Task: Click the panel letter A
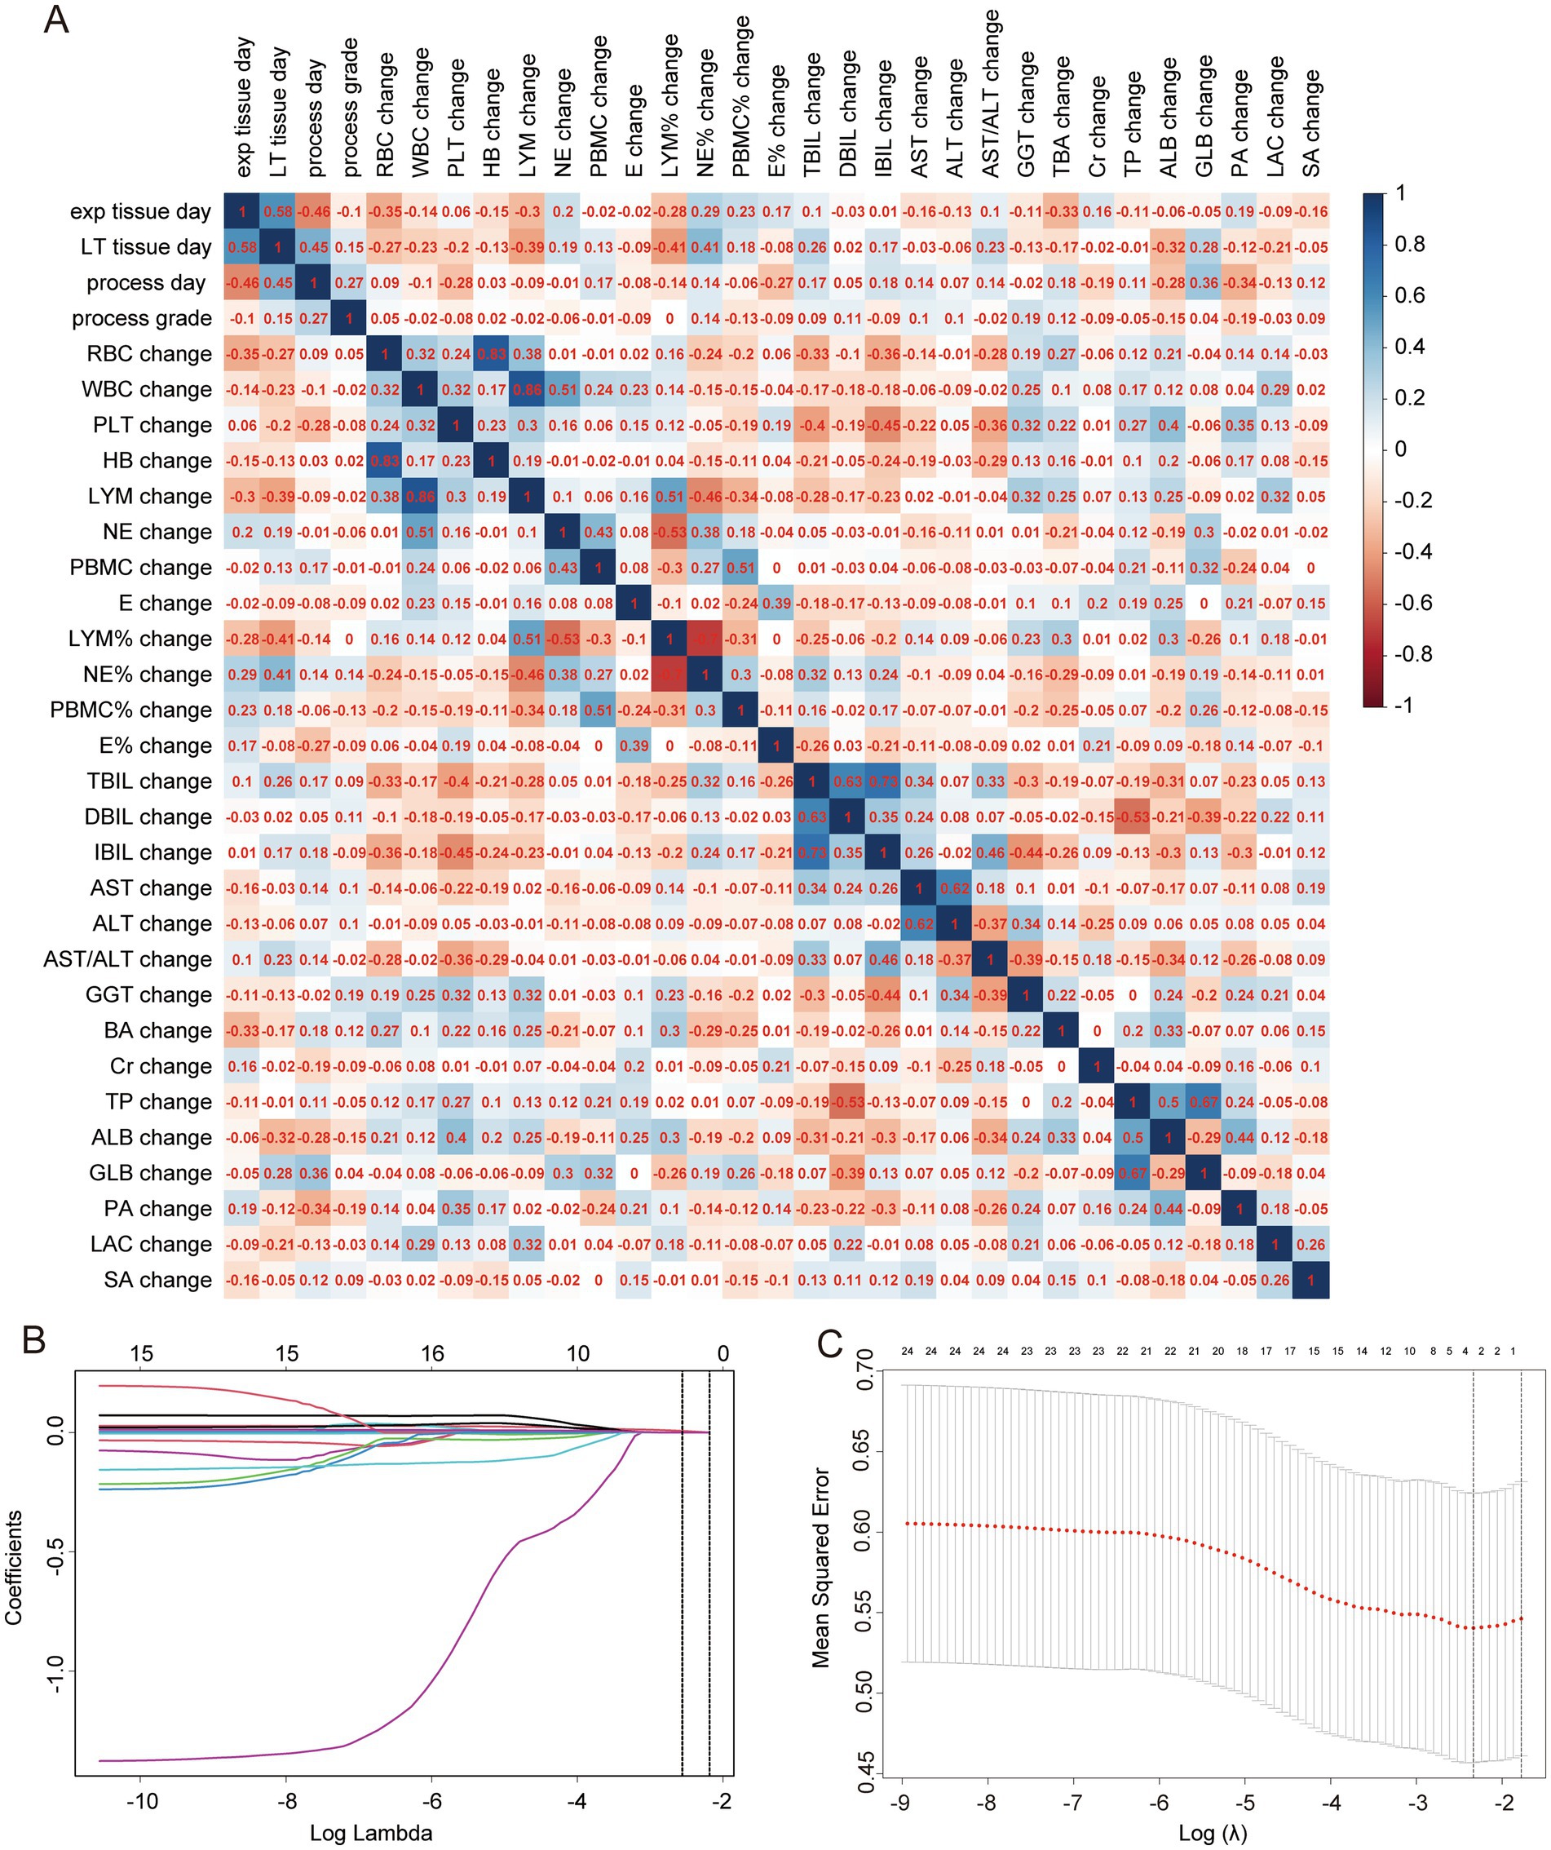pos(55,20)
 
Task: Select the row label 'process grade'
pos(142,318)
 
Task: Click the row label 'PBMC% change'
pos(130,710)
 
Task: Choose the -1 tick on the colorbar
pos(1404,705)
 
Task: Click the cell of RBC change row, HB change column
pos(492,354)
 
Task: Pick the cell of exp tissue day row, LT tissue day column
pos(277,211)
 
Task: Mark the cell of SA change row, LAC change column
pos(1275,1280)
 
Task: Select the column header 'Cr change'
pos(1098,127)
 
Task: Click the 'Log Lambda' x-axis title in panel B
pos(371,1833)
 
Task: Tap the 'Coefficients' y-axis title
pos(14,1569)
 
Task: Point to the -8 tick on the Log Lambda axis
pos(286,1801)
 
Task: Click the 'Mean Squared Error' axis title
pos(821,1568)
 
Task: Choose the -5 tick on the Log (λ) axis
pos(1244,1803)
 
